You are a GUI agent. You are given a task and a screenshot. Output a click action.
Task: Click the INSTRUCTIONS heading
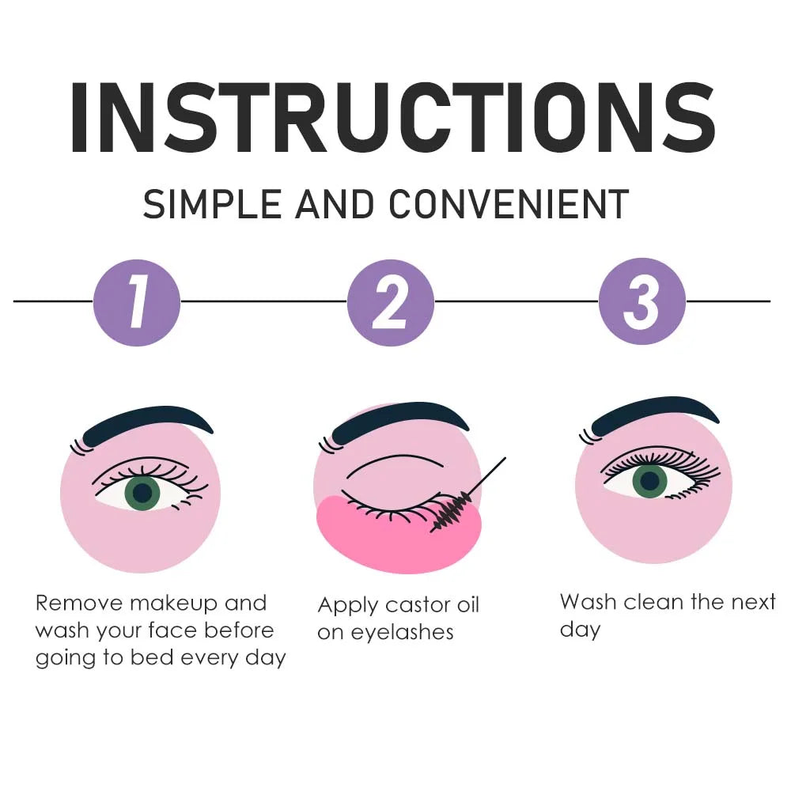[392, 116]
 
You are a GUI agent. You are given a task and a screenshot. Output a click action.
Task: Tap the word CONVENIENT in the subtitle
[509, 204]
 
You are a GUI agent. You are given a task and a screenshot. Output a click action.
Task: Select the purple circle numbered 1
[137, 302]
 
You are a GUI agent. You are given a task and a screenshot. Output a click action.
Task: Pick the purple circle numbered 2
[391, 302]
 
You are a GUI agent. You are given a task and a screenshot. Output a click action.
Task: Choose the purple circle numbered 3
[642, 301]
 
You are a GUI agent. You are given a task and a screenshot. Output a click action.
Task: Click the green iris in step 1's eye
[142, 493]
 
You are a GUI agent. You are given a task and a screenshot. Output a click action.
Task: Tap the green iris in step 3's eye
[649, 481]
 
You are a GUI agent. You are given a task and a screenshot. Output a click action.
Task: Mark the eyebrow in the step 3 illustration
[655, 413]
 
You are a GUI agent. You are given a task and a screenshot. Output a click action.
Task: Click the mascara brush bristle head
[452, 510]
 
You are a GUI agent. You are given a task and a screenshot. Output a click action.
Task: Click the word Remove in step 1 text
[79, 604]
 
